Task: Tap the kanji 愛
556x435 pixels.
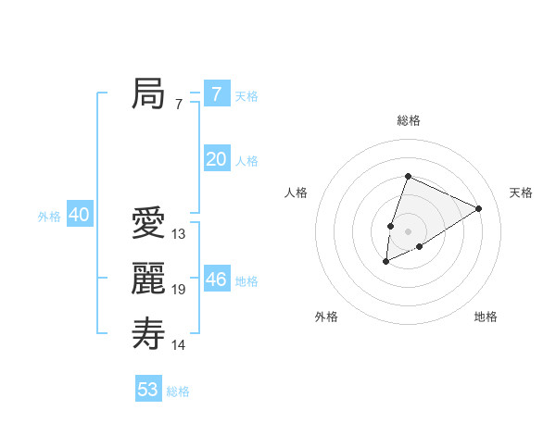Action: pos(148,223)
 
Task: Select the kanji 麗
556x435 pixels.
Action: pos(148,279)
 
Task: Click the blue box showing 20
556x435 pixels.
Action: pos(217,159)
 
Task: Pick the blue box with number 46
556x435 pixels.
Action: pos(217,280)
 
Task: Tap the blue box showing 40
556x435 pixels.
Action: pos(79,216)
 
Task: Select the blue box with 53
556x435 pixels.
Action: pos(148,390)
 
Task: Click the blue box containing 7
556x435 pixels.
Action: pos(217,93)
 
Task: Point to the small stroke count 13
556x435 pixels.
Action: pos(179,234)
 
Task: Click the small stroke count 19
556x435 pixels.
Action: pos(179,290)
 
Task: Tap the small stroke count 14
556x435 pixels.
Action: pos(179,345)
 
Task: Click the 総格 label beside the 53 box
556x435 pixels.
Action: pos(178,391)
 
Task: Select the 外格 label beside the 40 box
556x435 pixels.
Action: pos(49,217)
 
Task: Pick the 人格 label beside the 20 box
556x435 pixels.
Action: pos(246,161)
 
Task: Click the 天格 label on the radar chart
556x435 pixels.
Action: pos(522,193)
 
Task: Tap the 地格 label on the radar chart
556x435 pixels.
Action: pos(486,317)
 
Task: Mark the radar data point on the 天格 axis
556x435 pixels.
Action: pos(479,208)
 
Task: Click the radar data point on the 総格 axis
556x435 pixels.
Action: pos(408,177)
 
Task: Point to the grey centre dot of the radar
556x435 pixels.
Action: pos(408,231)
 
